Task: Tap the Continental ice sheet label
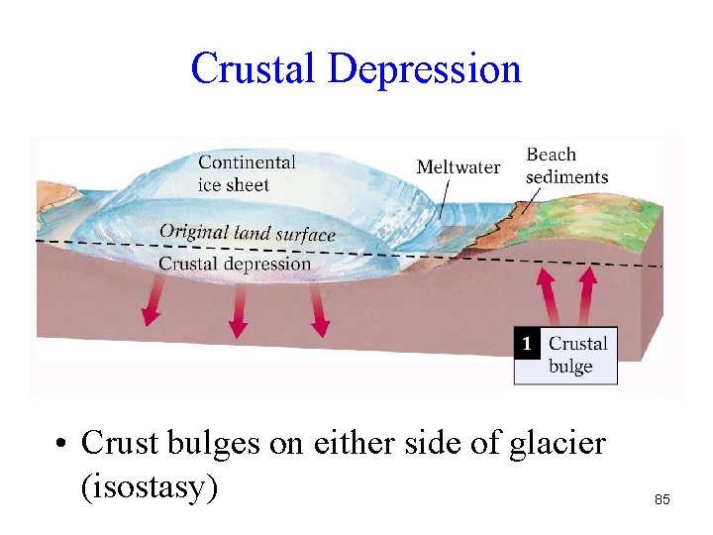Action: pyautogui.click(x=247, y=172)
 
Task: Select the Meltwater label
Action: pyautogui.click(x=458, y=166)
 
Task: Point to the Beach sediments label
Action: pyautogui.click(x=565, y=165)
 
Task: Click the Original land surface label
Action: pyautogui.click(x=247, y=233)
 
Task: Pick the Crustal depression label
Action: pyautogui.click(x=235, y=264)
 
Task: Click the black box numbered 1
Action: pyautogui.click(x=528, y=343)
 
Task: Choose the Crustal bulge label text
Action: pyautogui.click(x=577, y=355)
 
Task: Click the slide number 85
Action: pyautogui.click(x=662, y=500)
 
